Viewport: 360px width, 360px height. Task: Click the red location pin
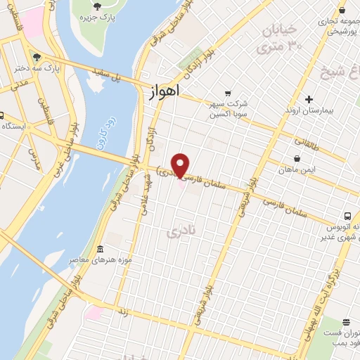pyautogui.click(x=181, y=165)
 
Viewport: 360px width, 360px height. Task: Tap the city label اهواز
pyautogui.click(x=165, y=91)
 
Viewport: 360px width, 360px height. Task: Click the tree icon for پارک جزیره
pyautogui.click(x=107, y=6)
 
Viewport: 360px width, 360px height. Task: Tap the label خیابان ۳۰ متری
pyautogui.click(x=281, y=38)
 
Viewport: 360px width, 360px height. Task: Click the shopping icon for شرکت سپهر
pyautogui.click(x=227, y=93)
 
